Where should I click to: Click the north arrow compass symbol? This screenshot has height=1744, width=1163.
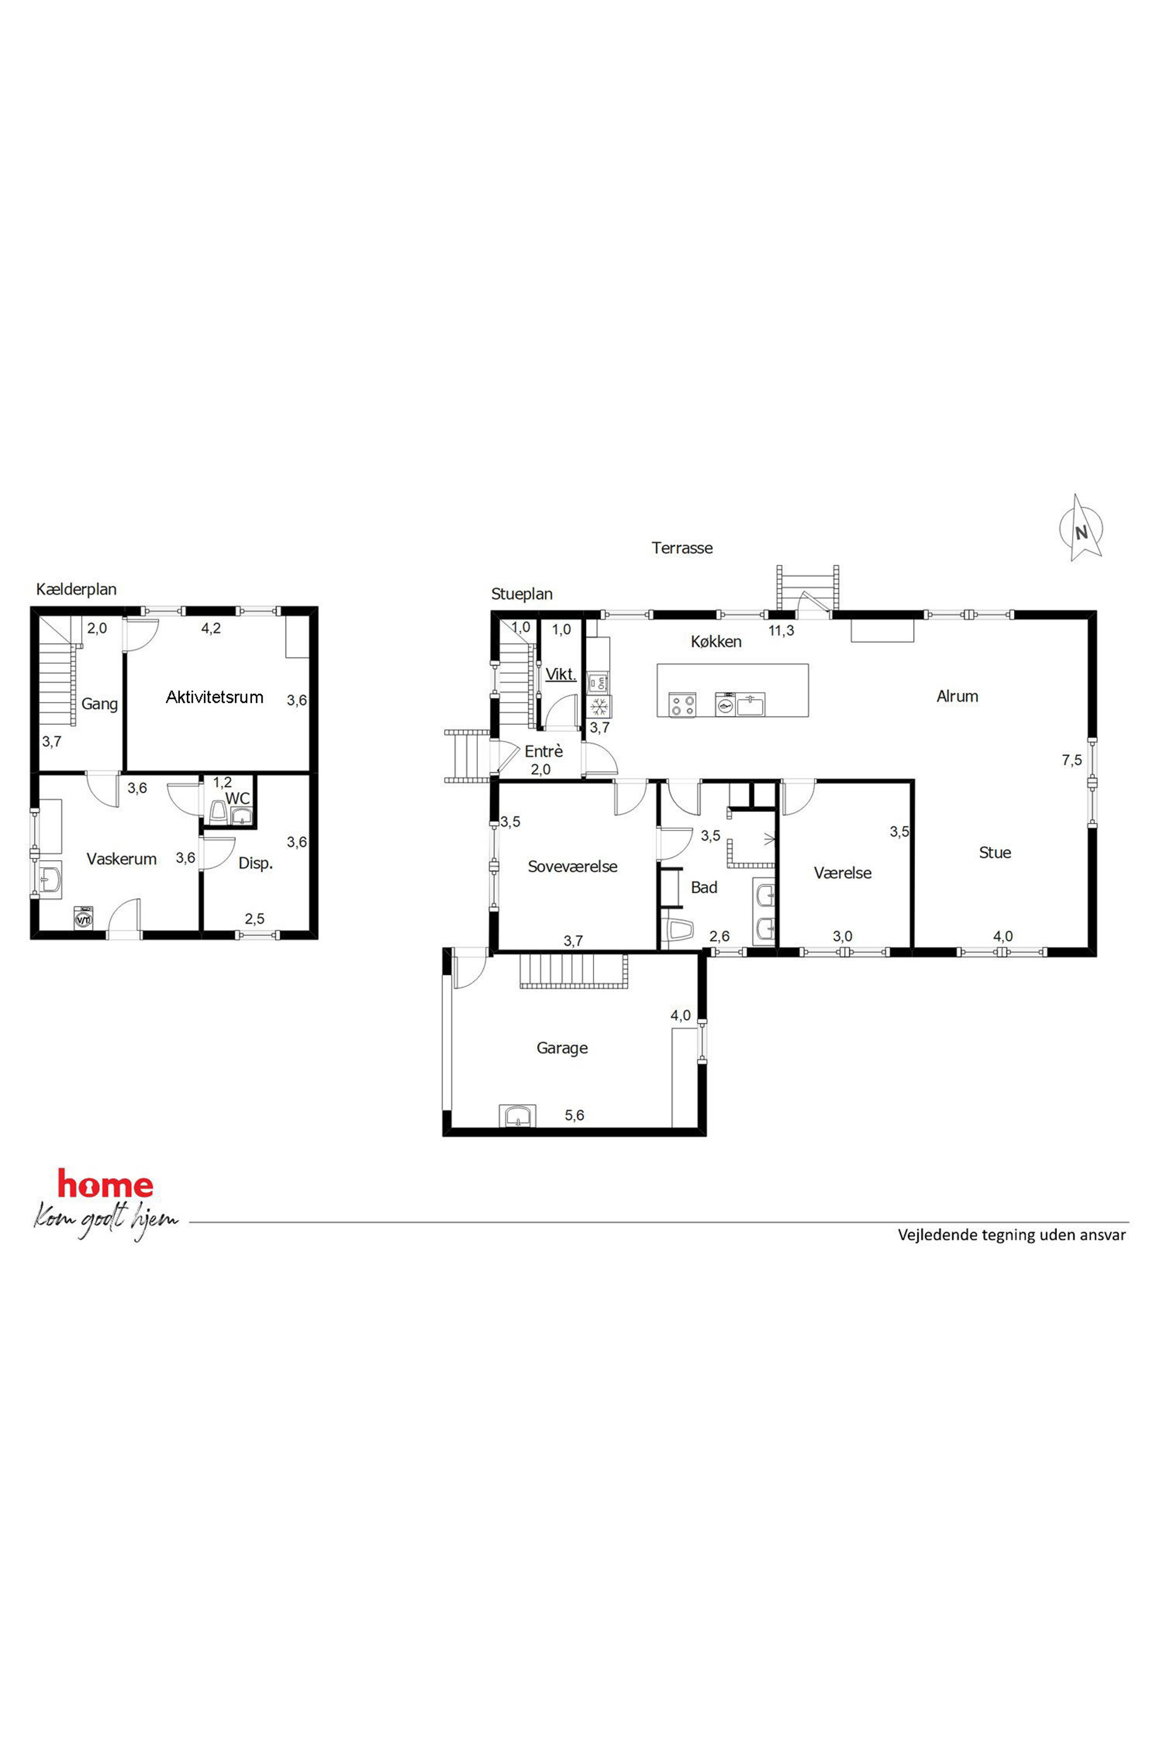(1081, 529)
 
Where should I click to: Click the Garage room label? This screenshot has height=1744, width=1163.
(562, 1048)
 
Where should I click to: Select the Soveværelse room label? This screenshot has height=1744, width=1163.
(573, 866)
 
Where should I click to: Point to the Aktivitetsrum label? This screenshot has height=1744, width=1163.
(215, 697)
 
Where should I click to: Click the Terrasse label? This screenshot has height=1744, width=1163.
(682, 548)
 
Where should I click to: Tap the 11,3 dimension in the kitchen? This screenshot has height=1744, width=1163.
(781, 631)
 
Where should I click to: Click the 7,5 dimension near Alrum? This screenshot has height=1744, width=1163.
(1072, 760)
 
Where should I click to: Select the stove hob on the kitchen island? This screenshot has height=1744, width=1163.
(682, 704)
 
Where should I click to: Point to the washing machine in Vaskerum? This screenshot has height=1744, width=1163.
(83, 917)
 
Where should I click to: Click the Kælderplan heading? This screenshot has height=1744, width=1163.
(76, 590)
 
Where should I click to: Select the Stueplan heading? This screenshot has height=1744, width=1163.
(522, 595)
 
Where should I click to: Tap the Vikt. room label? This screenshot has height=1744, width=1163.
(561, 674)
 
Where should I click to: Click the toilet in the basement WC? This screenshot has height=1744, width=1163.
(219, 811)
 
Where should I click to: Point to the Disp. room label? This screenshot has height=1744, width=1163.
(256, 864)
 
